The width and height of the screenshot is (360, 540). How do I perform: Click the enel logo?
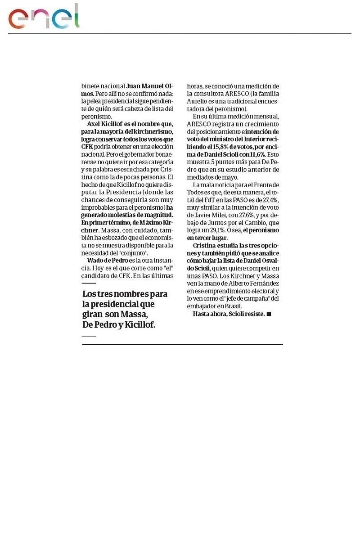pyautogui.click(x=44, y=18)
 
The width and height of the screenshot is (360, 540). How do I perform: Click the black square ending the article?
pyautogui.click(x=269, y=314)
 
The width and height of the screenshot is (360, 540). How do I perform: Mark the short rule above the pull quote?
pyautogui.click(x=89, y=283)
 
